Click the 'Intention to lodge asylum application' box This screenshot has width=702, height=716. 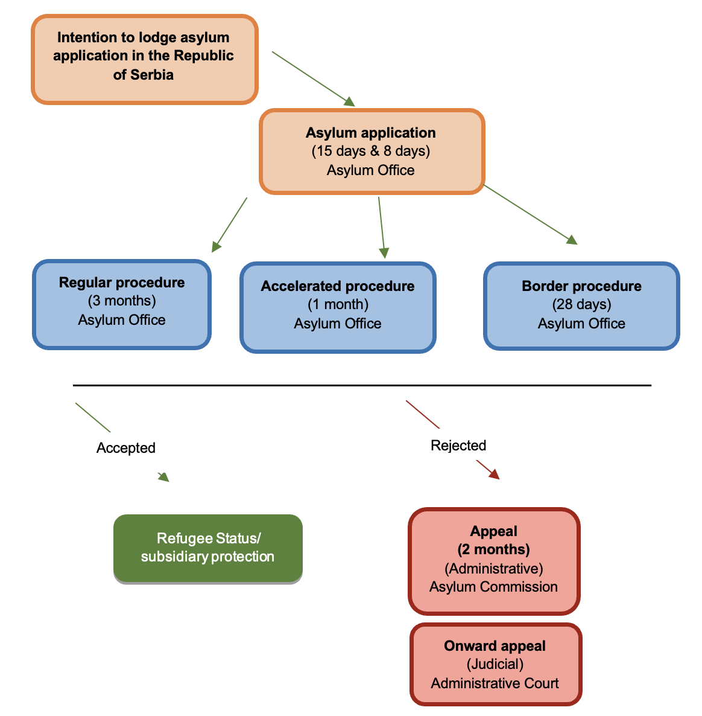tap(144, 59)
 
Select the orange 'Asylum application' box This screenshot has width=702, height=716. tap(372, 152)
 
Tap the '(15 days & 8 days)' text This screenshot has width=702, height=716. tap(370, 151)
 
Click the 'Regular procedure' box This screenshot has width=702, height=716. tap(122, 304)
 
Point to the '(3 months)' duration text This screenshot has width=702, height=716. tap(122, 301)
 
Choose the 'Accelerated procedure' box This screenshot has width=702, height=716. tap(338, 307)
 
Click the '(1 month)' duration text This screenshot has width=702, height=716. tap(338, 304)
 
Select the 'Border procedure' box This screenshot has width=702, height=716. tap(581, 306)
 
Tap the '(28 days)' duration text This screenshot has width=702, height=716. tap(581, 304)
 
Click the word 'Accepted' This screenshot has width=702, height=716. tap(125, 448)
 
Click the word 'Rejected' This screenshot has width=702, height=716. tap(458, 446)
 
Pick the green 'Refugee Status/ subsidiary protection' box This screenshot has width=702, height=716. tap(207, 548)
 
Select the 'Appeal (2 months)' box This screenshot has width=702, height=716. tap(494, 560)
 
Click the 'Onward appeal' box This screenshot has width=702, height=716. tap(495, 664)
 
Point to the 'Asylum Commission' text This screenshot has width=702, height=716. tap(493, 587)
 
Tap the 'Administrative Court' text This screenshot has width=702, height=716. tap(495, 683)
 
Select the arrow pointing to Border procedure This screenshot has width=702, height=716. tap(530, 214)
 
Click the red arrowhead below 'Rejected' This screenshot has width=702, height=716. tap(493, 474)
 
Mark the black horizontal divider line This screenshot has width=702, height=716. tap(362, 385)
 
